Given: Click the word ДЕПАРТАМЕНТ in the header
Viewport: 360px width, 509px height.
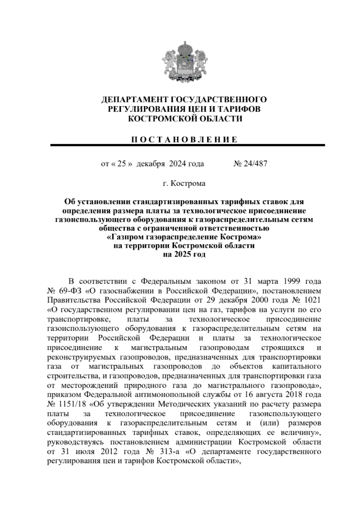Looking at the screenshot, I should click(134, 100).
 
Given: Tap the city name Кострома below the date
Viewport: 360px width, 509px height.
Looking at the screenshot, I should click(188, 183).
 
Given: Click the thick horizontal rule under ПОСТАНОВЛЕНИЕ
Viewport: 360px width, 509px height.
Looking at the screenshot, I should click(187, 145).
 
